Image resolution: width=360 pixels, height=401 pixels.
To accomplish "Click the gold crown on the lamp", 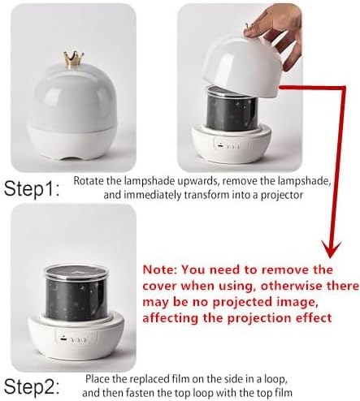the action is click(73, 59).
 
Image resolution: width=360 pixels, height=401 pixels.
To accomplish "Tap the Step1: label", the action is click(32, 188).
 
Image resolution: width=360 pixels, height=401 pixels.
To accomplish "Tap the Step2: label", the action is click(32, 386).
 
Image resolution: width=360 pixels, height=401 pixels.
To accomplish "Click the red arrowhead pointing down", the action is click(331, 249).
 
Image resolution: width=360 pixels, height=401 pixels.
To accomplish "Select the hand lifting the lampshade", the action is click(275, 32).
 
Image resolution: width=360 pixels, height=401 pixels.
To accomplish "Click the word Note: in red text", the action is click(159, 269).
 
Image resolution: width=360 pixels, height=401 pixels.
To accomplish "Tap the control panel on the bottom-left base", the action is click(76, 338).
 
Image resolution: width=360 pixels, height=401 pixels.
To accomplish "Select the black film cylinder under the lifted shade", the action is click(232, 109).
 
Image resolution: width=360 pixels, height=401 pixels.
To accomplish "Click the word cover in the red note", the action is click(159, 286).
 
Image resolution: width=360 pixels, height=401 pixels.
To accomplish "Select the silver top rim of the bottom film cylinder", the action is click(76, 271).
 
